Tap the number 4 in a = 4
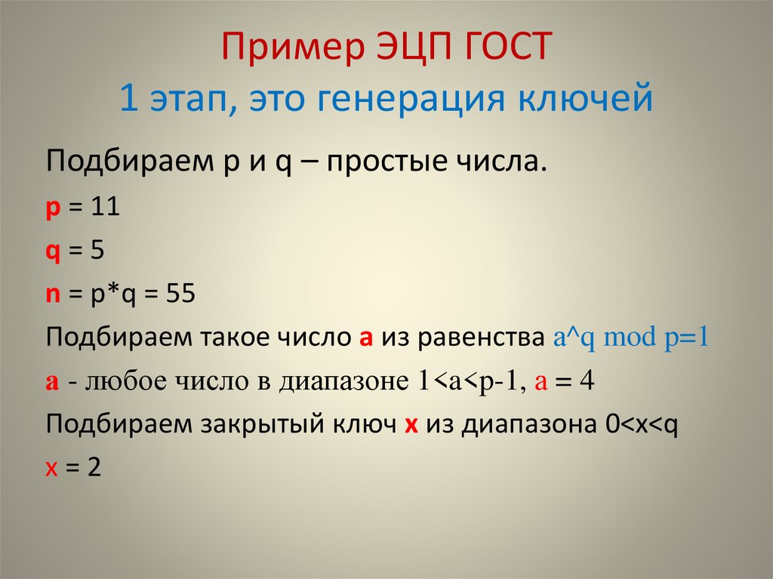587,380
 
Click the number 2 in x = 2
94,467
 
